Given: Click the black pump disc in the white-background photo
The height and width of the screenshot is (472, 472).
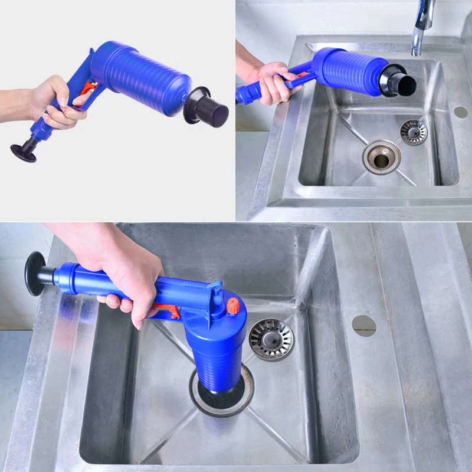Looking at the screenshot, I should [25, 152].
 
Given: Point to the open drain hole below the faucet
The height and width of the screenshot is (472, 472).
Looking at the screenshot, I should [381, 157].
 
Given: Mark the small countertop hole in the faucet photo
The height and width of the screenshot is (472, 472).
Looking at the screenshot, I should [461, 112].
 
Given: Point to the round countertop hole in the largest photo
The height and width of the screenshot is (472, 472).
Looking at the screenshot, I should [364, 326].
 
